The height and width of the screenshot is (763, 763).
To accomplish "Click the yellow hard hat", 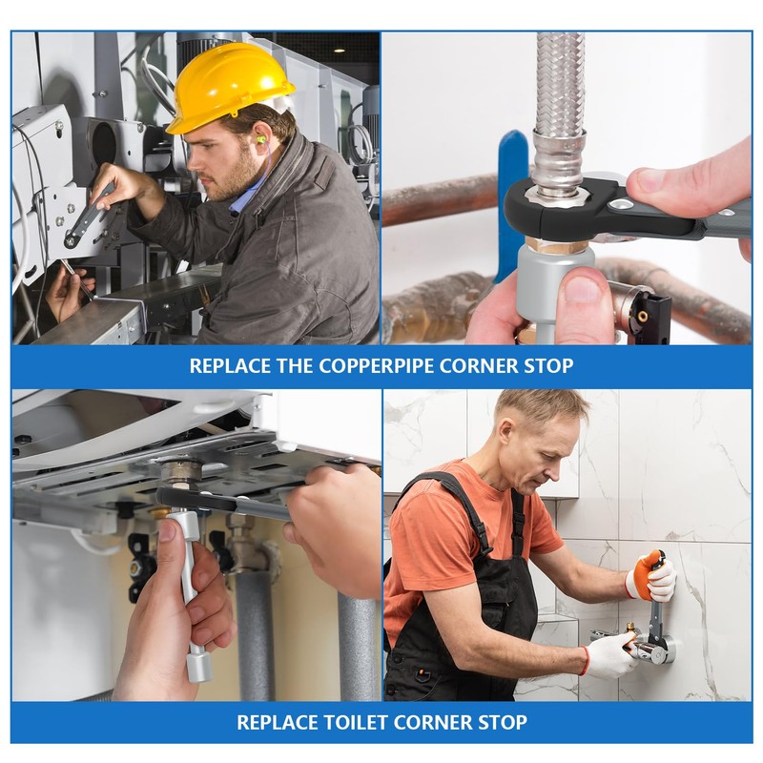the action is (x=229, y=88).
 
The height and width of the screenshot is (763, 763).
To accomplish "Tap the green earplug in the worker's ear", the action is (x=261, y=140).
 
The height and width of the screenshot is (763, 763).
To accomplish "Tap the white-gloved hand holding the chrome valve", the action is (x=608, y=653).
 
